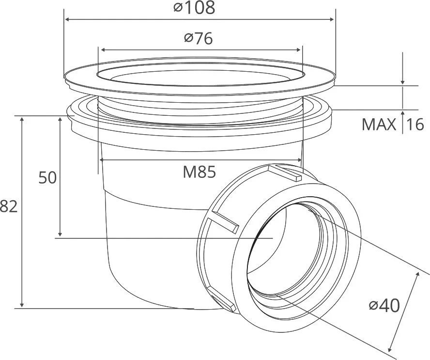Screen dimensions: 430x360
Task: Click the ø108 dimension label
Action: coord(194,8)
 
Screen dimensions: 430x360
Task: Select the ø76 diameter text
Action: coord(199,38)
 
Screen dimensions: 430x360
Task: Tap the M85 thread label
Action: coord(200,172)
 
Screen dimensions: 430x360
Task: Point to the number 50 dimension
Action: coord(47,177)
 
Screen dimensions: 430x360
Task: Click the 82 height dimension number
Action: coord(9,206)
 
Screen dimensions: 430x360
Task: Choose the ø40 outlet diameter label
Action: coord(384,305)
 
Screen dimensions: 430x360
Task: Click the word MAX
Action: coord(379,125)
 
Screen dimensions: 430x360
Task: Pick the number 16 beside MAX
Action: coord(415,125)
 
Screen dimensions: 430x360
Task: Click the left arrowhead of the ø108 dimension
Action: coord(66,19)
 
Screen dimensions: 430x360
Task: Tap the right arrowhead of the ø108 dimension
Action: coord(332,19)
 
